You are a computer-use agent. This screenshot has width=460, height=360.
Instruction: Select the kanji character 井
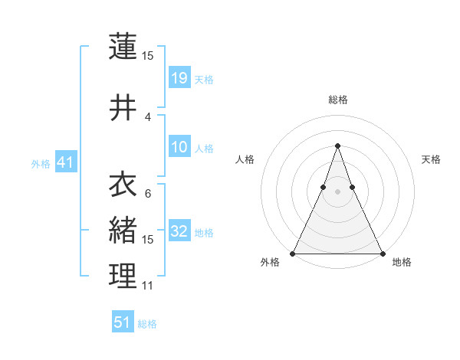click(x=123, y=107)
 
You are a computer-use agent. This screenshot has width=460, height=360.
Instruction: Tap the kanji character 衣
click(x=123, y=184)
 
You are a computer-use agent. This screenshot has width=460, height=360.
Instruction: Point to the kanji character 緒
click(x=123, y=230)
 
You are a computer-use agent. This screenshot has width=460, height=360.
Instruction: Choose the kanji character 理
click(x=123, y=276)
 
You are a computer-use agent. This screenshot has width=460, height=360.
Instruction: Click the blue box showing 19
click(x=179, y=77)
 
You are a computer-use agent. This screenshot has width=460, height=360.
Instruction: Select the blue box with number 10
click(x=179, y=147)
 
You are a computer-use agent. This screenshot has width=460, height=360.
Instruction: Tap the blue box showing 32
click(x=179, y=231)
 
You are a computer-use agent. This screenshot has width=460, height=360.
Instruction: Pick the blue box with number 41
click(x=65, y=162)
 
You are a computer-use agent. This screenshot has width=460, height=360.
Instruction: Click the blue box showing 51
click(x=123, y=322)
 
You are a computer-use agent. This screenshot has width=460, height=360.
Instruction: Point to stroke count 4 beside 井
click(x=148, y=116)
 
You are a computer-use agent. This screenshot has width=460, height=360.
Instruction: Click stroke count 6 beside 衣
click(x=148, y=193)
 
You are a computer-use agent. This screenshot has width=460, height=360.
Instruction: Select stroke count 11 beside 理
click(x=147, y=286)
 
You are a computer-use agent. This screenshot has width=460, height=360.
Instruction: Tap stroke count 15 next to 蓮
click(x=147, y=55)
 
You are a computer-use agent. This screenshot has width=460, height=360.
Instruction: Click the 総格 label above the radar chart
click(x=337, y=100)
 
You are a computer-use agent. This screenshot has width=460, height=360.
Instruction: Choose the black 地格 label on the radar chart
click(x=402, y=262)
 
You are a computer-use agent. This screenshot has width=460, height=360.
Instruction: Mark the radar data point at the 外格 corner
click(x=293, y=253)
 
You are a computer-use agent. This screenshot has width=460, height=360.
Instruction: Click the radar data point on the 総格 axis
click(x=337, y=146)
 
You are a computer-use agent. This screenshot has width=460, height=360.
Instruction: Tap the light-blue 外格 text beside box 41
click(x=41, y=163)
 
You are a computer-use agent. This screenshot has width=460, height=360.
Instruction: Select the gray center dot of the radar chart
click(x=337, y=192)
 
